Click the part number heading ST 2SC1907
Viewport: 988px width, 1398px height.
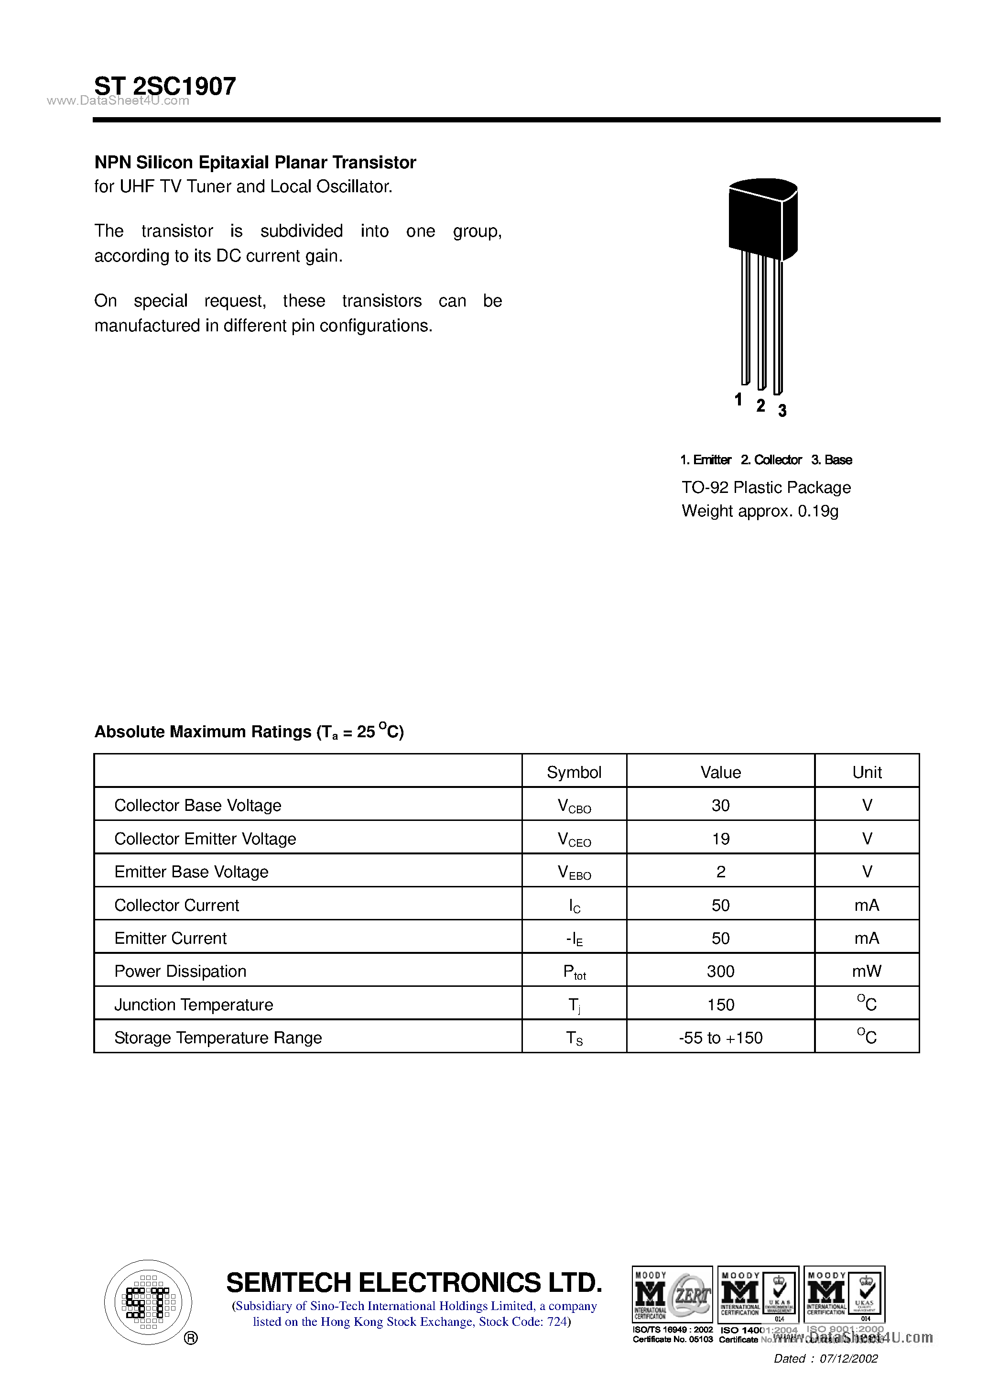pyautogui.click(x=165, y=86)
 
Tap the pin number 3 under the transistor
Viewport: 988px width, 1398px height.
pyautogui.click(x=782, y=411)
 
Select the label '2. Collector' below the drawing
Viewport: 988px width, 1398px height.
pyautogui.click(x=771, y=460)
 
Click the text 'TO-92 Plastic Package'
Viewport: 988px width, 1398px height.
pyautogui.click(x=766, y=487)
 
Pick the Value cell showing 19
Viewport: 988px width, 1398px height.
pyautogui.click(x=720, y=839)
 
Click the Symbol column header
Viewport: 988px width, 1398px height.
pyautogui.click(x=574, y=772)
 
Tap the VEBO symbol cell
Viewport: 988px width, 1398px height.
pyautogui.click(x=574, y=873)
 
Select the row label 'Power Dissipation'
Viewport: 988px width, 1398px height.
pyautogui.click(x=180, y=971)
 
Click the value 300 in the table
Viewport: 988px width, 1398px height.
pyautogui.click(x=720, y=971)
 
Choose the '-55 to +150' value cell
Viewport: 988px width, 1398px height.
pyautogui.click(x=720, y=1038)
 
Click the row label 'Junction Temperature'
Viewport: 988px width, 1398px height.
pyautogui.click(x=194, y=1005)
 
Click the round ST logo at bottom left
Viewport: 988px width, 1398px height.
pyautogui.click(x=148, y=1302)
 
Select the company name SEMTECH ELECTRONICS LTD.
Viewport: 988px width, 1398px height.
pyautogui.click(x=414, y=1282)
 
